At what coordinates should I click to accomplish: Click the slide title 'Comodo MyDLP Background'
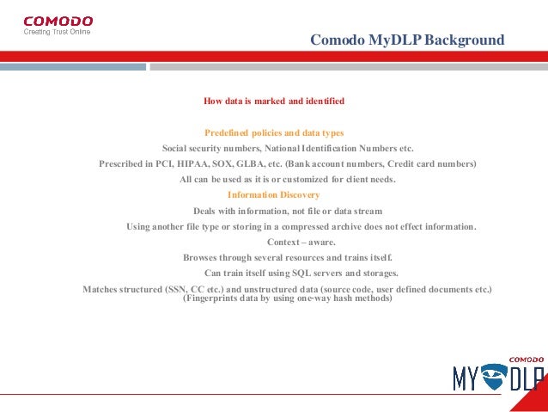coord(407,40)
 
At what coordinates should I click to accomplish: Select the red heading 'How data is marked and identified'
coord(273,101)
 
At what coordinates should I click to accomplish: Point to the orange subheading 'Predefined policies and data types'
coord(274,133)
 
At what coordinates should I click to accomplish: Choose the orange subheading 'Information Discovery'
coord(274,194)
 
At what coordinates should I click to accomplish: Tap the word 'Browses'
coord(200,257)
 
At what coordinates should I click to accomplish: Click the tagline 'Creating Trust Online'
coord(57,32)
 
